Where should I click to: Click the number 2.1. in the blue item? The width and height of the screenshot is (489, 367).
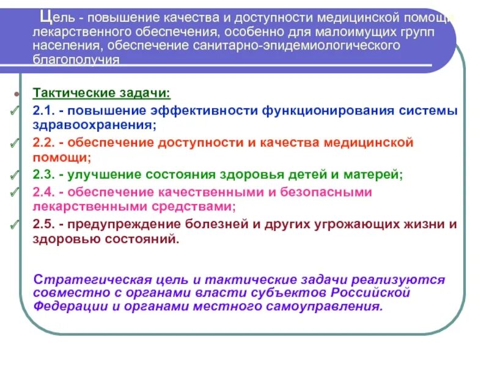[x=45, y=111]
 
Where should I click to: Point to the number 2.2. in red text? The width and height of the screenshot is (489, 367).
[x=45, y=143]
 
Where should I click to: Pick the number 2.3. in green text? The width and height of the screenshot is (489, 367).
[x=45, y=175]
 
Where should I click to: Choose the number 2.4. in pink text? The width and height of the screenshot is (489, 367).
[x=45, y=192]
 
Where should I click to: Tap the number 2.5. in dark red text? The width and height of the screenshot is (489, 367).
[x=45, y=224]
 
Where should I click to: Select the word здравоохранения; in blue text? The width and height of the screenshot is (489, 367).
[x=95, y=125]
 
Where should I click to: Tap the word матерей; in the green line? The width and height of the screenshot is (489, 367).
[x=373, y=175]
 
